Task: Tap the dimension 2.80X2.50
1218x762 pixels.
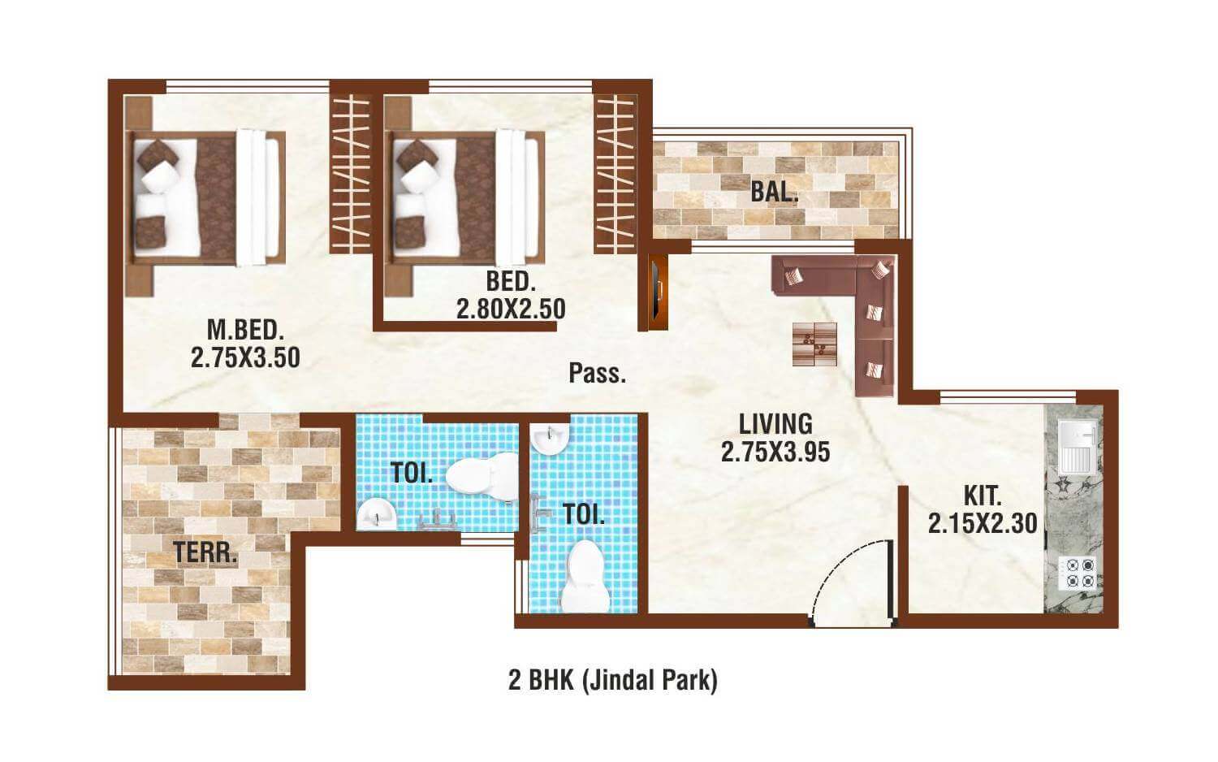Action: coord(510,310)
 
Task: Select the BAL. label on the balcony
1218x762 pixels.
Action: coord(774,193)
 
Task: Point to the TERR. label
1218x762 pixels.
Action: coord(205,553)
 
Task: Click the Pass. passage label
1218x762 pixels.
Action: coord(597,374)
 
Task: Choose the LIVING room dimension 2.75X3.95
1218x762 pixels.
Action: coord(775,452)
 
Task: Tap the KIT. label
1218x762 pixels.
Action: coord(982,496)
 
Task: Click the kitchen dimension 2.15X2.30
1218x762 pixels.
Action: coord(983,524)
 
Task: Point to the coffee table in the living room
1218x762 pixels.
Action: coord(814,344)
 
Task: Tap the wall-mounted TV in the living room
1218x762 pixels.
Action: coord(658,290)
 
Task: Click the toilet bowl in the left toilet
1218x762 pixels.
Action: coord(482,474)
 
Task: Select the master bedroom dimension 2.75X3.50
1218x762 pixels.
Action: coord(245,357)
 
